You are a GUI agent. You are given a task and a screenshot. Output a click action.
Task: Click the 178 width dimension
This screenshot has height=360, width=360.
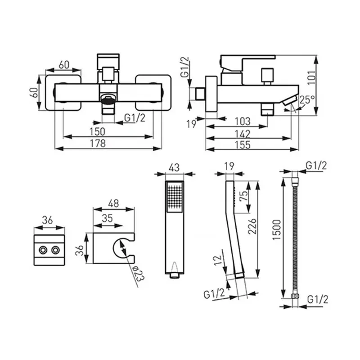click(x=98, y=143)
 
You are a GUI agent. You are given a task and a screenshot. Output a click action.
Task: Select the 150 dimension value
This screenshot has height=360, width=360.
click(x=97, y=131)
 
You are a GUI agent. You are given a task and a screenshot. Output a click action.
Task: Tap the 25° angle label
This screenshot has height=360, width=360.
click(x=307, y=99)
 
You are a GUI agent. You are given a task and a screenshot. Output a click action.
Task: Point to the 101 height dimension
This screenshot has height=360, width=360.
click(x=312, y=77)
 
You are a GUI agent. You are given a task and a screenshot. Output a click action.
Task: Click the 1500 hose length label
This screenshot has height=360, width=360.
click(x=277, y=230)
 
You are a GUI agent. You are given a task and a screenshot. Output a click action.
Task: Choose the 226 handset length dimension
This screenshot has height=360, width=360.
click(x=252, y=226)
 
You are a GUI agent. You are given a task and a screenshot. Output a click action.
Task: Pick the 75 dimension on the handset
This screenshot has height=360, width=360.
click(x=244, y=196)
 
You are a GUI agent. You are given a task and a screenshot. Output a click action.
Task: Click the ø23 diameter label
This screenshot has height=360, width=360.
click(x=139, y=274)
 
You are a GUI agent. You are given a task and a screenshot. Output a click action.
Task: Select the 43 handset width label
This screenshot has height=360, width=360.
click(x=174, y=167)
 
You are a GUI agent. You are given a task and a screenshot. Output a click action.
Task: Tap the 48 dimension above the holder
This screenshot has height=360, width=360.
click(x=113, y=203)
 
